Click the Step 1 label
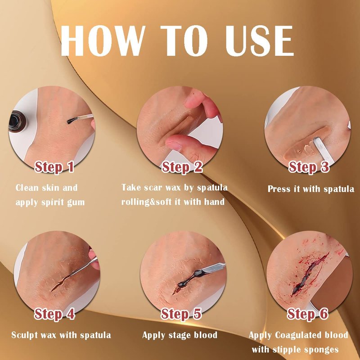54,167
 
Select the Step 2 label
182,167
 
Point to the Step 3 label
309,167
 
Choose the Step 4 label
54,314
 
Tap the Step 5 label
181,314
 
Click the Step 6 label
308,314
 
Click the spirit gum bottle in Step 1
18,121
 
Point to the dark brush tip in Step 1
72,121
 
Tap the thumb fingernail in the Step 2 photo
173,145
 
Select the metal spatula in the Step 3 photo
323,149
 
